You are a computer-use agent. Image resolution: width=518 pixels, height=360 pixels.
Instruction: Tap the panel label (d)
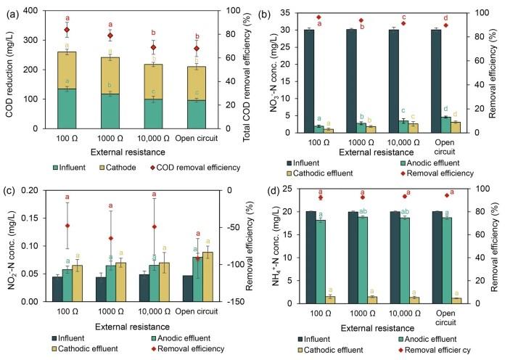coord(275,192)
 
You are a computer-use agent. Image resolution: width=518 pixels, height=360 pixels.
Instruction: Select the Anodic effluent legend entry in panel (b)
coord(416,163)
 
